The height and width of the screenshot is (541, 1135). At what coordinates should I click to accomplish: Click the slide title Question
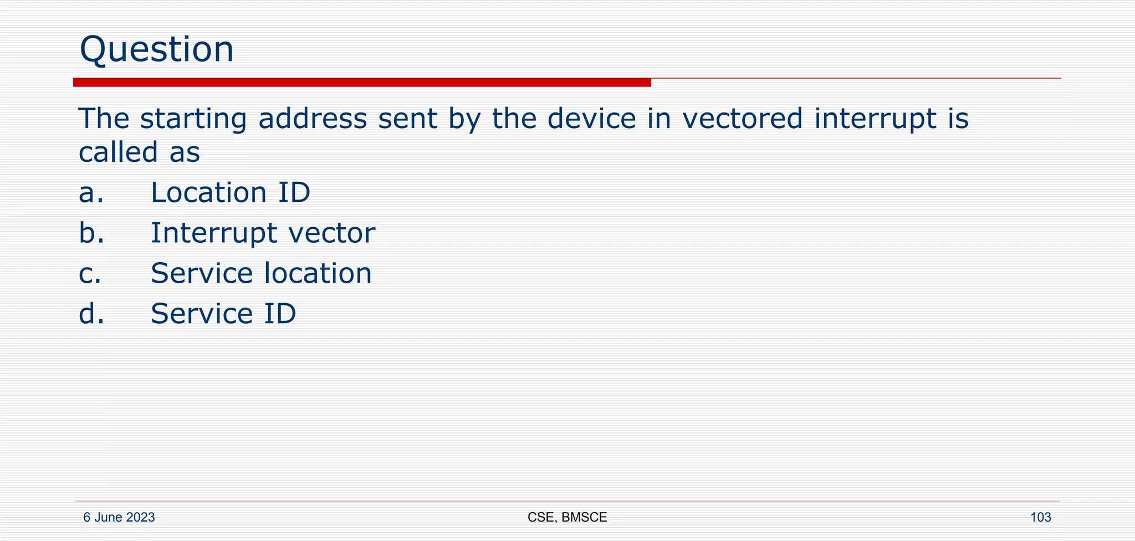pyautogui.click(x=157, y=49)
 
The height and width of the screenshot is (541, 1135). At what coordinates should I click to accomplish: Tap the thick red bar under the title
pyautogui.click(x=362, y=83)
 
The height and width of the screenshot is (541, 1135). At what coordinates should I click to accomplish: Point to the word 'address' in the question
pyautogui.click(x=313, y=119)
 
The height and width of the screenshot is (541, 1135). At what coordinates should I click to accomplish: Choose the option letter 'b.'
pyautogui.click(x=91, y=233)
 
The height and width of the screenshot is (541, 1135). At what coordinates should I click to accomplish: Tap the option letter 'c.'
pyautogui.click(x=90, y=274)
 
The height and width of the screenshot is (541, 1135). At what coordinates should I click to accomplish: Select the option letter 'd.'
pyautogui.click(x=91, y=314)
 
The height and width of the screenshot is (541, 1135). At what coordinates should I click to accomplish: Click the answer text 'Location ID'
pyautogui.click(x=231, y=193)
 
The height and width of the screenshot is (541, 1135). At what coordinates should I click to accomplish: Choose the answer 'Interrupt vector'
pyautogui.click(x=263, y=233)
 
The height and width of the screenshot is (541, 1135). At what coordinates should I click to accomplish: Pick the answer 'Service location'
pyautogui.click(x=261, y=274)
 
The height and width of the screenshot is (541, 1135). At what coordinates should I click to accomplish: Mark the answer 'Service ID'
pyautogui.click(x=223, y=314)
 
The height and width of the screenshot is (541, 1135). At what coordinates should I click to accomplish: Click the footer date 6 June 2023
pyautogui.click(x=119, y=518)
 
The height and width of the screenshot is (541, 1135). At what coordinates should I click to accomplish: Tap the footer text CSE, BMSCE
pyautogui.click(x=567, y=518)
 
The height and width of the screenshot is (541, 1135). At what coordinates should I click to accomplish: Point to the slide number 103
pyautogui.click(x=1040, y=518)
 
